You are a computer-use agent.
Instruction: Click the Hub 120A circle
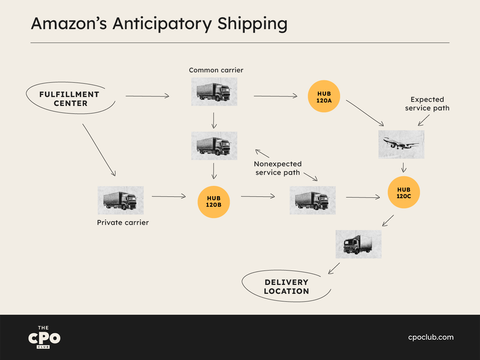(324, 96)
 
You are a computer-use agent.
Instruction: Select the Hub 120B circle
(214, 202)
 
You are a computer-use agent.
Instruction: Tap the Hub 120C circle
(404, 192)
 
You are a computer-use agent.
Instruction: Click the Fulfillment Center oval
(70, 98)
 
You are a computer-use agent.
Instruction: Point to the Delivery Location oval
(286, 286)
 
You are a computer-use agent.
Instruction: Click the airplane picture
(401, 144)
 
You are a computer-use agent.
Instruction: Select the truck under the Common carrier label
(214, 92)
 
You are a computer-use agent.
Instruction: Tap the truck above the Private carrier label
(120, 200)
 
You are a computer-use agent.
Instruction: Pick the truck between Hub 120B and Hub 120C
(312, 200)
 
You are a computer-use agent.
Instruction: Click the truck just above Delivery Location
(358, 244)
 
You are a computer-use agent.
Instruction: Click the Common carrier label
(216, 70)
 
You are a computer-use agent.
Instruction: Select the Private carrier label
(123, 223)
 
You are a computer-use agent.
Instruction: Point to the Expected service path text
(427, 104)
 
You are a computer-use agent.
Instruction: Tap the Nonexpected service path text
(278, 168)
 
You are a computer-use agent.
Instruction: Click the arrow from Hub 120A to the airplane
(365, 113)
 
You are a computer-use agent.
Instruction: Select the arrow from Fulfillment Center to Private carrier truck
(99, 150)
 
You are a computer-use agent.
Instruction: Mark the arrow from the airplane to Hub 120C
(404, 167)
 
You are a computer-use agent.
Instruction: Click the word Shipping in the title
(252, 24)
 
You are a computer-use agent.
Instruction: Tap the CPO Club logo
(44, 337)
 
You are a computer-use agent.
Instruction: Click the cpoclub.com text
(431, 337)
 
